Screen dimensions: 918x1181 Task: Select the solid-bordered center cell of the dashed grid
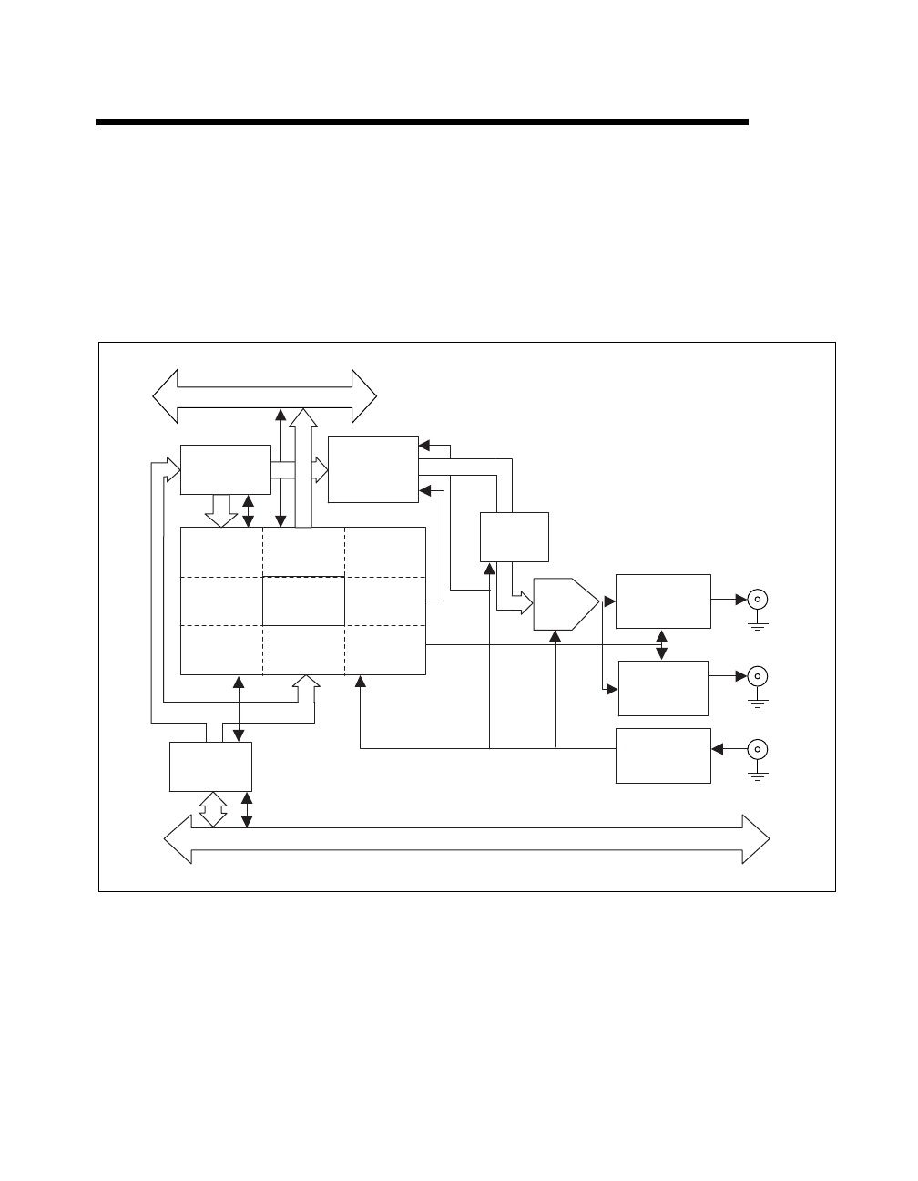coord(303,601)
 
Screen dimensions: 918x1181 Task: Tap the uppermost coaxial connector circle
coord(757,600)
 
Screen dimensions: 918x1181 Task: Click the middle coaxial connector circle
coord(757,676)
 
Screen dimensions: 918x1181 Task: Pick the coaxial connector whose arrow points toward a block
coord(757,749)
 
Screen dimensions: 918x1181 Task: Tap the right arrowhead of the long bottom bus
coord(757,838)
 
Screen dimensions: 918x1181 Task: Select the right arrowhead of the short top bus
coord(364,396)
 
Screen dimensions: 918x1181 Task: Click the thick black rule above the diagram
coord(422,122)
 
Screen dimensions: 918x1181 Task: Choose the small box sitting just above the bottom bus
coord(210,766)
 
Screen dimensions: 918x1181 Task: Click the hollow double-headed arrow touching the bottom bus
coord(212,809)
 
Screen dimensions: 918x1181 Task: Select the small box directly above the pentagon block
coord(515,537)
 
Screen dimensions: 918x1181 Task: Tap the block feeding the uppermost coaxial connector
coord(663,601)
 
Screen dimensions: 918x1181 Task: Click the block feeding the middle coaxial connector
coord(663,688)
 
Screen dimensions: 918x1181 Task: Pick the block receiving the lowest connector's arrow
coord(663,755)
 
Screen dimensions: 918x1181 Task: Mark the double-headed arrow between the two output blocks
coord(662,644)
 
